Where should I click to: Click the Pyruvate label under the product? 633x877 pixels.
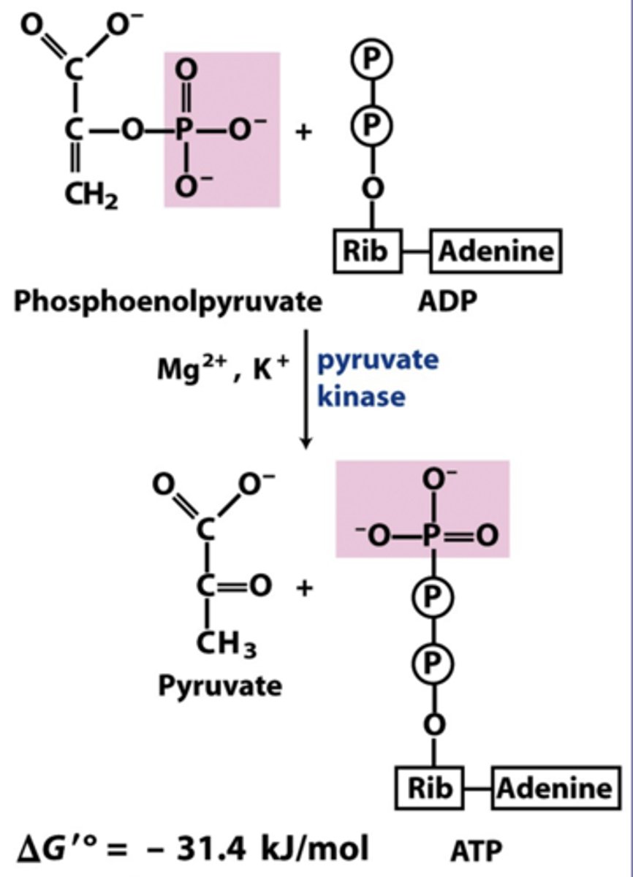(220, 686)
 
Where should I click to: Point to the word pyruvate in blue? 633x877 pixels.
(378, 361)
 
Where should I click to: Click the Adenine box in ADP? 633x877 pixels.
(496, 251)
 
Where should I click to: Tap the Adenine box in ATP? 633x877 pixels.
(555, 788)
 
